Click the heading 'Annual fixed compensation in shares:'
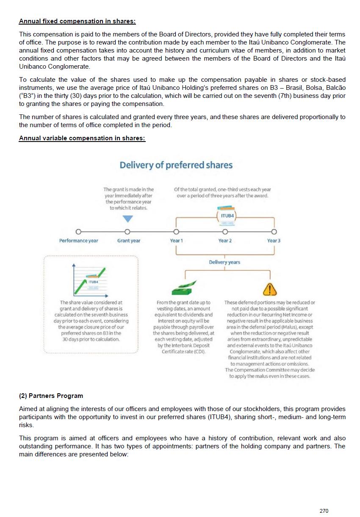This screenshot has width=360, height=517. pos(78,21)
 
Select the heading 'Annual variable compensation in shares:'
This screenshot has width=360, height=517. pos(82,139)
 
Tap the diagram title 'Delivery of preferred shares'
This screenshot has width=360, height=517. pos(176,165)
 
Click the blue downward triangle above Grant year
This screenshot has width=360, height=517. pos(127,219)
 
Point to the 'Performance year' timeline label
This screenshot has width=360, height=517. pos(78,241)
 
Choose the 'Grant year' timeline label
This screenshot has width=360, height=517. pos(129,241)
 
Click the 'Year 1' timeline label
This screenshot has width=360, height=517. pos(176,241)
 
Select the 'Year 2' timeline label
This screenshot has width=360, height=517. pos(225,241)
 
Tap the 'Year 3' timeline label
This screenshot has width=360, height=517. pos(274,241)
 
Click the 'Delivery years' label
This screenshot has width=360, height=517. pos(224,262)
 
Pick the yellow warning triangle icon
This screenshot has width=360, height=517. pos(270,289)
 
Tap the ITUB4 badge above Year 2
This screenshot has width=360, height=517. pos(227,216)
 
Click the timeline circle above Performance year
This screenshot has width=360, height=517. pos(78,232)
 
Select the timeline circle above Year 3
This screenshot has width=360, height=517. pos(274,232)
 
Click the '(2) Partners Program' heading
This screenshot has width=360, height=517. pos(51,396)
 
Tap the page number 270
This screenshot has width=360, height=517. pos(324,511)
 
